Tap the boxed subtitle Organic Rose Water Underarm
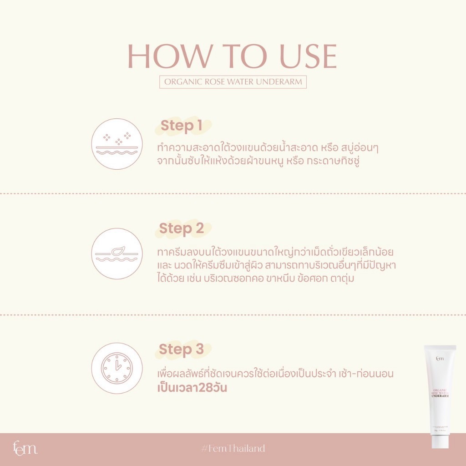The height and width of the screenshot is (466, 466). (233, 82)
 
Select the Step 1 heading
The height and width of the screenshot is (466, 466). (181, 126)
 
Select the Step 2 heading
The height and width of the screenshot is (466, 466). (181, 228)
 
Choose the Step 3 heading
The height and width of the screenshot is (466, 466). (181, 349)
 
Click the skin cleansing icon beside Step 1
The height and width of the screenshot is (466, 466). (117, 144)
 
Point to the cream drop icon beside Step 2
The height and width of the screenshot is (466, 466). (117, 253)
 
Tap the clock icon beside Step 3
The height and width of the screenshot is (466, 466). (117, 368)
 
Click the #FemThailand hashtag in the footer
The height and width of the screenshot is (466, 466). (233, 449)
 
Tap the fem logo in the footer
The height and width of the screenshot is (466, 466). (25, 448)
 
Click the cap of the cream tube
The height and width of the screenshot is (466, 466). (440, 440)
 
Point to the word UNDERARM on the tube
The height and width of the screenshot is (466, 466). (440, 395)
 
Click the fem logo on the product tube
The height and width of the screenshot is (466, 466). (440, 359)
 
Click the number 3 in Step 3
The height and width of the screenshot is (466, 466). (199, 349)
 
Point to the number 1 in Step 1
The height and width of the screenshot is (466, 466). (198, 126)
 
